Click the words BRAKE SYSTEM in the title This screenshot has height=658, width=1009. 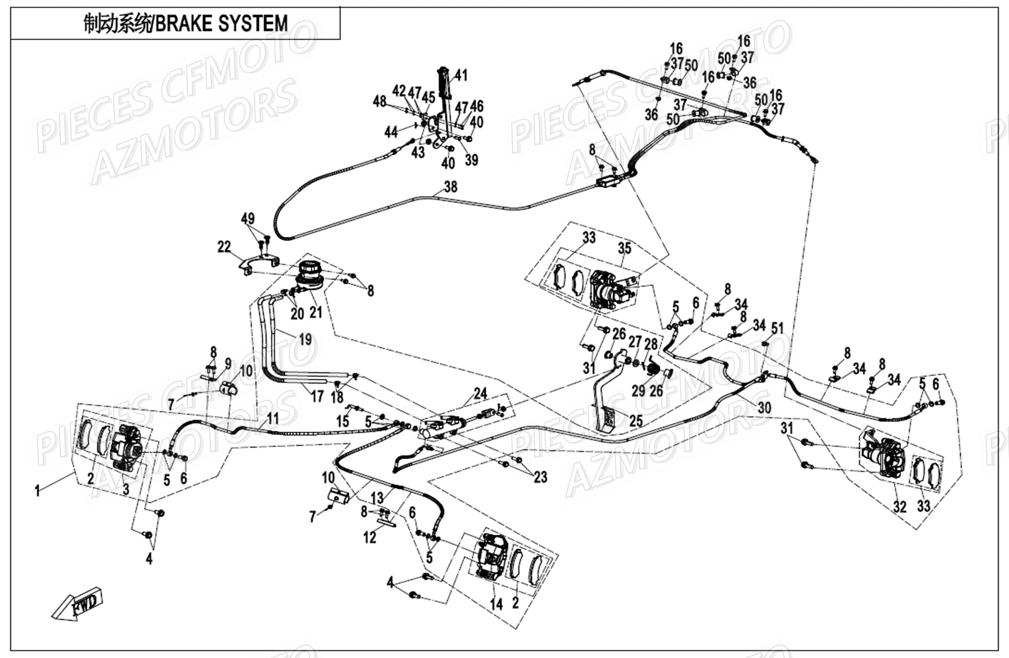coord(222,24)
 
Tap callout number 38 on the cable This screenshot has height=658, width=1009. coord(451,187)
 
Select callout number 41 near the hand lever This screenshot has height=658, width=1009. coord(461,75)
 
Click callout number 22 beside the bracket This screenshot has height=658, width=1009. coord(224,246)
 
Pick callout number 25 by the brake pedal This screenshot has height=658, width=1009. coord(636,421)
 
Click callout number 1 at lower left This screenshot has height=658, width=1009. coord(37,491)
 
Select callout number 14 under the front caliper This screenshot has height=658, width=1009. coord(496,604)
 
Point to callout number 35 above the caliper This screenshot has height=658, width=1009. coord(624,248)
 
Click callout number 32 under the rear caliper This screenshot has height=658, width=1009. coord(899,506)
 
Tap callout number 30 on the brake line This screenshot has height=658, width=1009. coord(764,408)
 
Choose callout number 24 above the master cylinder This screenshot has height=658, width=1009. coord(480,393)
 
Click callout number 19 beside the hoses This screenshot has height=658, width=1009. coord(305,340)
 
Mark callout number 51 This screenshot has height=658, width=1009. coord(778,328)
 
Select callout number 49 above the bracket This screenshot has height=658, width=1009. coord(248,219)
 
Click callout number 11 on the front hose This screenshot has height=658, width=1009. coord(273,418)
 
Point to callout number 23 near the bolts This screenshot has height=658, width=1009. coord(540,477)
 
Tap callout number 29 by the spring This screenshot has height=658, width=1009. coord(638,390)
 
